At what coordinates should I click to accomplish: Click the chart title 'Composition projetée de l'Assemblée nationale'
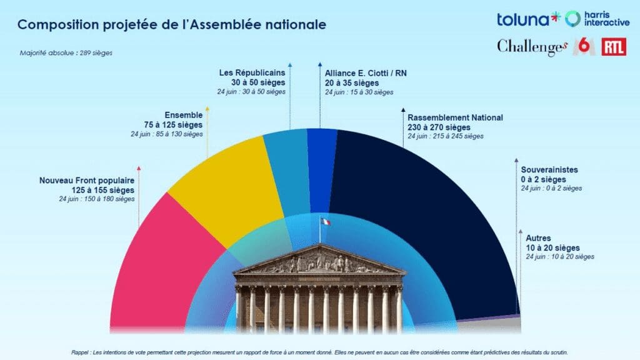point(171,26)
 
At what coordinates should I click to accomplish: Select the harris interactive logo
point(596,19)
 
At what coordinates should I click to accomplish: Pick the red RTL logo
point(613,47)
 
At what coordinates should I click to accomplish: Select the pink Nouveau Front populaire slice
point(162,262)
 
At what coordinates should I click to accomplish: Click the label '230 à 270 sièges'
point(439,127)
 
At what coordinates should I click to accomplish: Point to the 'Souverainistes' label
point(549,169)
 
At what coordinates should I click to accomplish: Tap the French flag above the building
point(325,222)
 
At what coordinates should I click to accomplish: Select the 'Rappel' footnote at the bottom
point(319,352)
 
